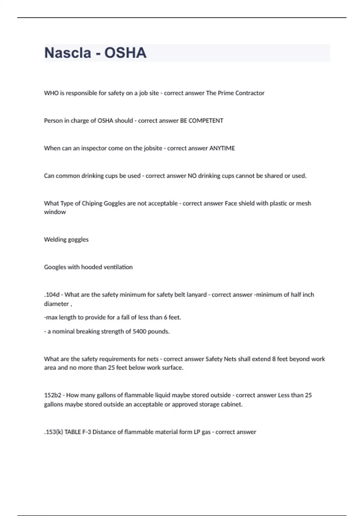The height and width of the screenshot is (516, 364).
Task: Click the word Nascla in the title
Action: click(68, 53)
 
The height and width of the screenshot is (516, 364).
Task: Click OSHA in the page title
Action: click(125, 53)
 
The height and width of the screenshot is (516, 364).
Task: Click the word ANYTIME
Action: click(222, 148)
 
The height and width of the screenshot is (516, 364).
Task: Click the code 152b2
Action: click(52, 395)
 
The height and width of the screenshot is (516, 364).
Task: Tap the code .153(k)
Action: click(53, 432)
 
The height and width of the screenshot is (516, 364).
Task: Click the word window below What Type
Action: click(55, 212)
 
